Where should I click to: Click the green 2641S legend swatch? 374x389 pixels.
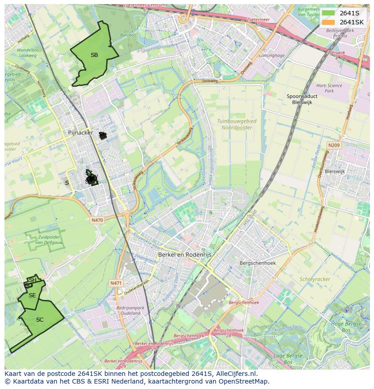pyautogui.click(x=328, y=13)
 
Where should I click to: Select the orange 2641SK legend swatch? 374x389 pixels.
pyautogui.click(x=328, y=22)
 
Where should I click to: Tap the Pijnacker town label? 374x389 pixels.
pyautogui.click(x=80, y=133)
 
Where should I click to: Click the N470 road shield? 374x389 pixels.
pyautogui.click(x=97, y=220)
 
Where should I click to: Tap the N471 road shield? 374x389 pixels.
pyautogui.click(x=116, y=283)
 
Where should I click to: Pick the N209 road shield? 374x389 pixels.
pyautogui.click(x=334, y=145)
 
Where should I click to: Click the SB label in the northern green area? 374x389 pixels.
pyautogui.click(x=94, y=55)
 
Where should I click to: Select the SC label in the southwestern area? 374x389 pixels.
pyautogui.click(x=40, y=320)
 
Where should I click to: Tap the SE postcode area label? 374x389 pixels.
pyautogui.click(x=32, y=295)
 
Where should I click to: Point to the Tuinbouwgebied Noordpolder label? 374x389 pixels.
pyautogui.click(x=237, y=125)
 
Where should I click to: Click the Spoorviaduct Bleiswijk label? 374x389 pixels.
pyautogui.click(x=302, y=99)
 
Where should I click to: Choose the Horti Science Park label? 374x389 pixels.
pyautogui.click(x=329, y=88)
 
